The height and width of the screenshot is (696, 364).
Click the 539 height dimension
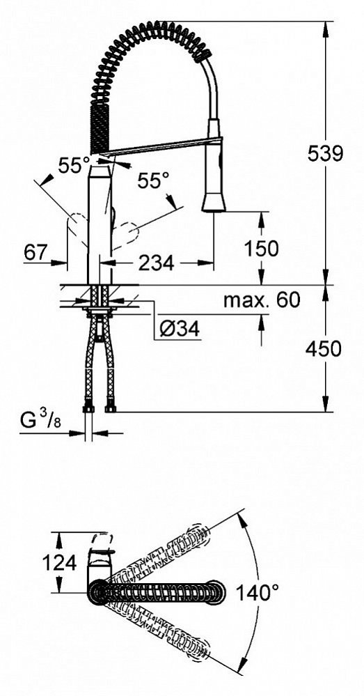click(x=326, y=153)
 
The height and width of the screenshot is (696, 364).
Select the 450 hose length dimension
click(x=323, y=348)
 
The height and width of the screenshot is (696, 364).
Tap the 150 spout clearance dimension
click(x=261, y=248)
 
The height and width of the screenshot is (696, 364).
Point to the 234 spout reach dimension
click(x=157, y=263)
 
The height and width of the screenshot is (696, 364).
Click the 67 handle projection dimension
click(x=36, y=253)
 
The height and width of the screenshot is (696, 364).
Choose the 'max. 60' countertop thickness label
click(x=262, y=300)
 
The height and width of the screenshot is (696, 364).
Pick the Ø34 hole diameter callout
click(x=179, y=329)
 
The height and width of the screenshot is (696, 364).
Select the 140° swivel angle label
click(x=257, y=593)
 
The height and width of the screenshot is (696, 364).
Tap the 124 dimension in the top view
click(x=59, y=563)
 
